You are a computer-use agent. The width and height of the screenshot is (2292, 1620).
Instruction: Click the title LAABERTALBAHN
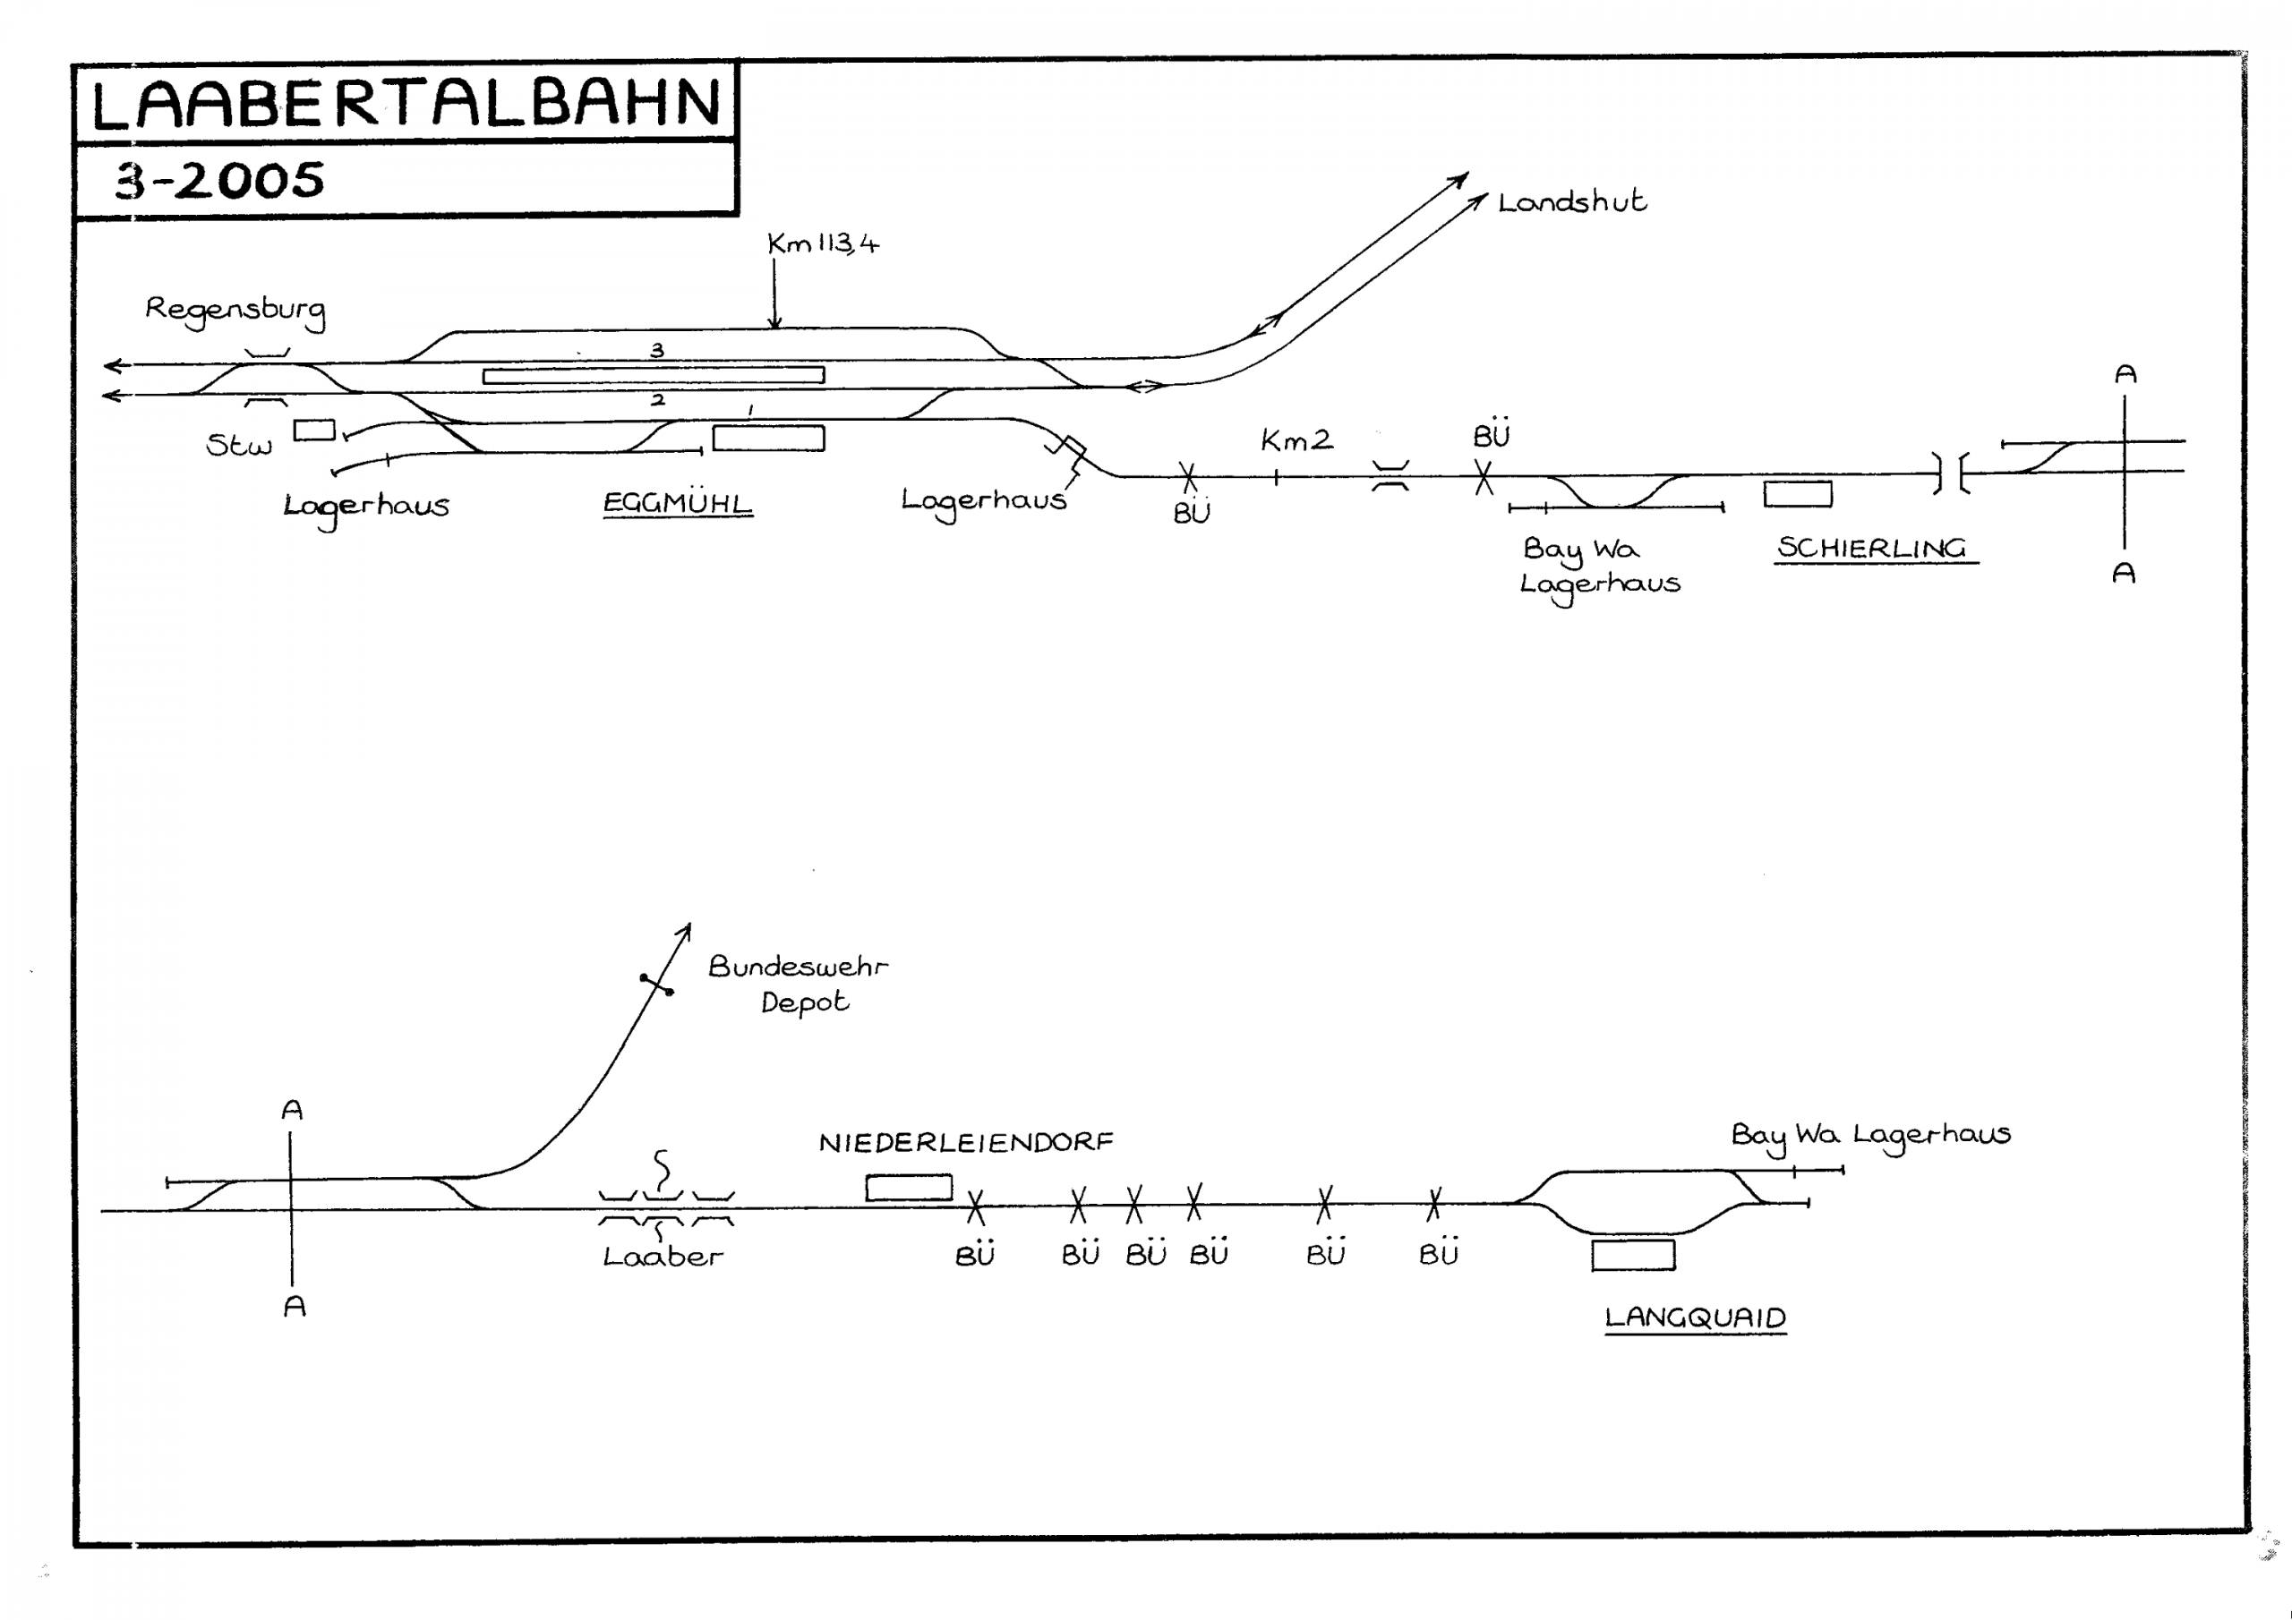click(x=406, y=104)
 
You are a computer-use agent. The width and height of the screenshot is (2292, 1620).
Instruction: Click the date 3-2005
click(x=220, y=181)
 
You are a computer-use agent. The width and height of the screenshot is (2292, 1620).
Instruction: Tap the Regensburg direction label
click(x=235, y=310)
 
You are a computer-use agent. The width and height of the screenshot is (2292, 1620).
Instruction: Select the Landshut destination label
click(x=1571, y=202)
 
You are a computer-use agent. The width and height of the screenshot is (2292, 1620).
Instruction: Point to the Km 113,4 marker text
click(x=823, y=243)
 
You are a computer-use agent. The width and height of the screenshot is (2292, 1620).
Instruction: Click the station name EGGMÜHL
click(x=677, y=502)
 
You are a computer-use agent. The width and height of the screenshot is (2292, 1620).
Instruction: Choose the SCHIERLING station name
click(x=1872, y=548)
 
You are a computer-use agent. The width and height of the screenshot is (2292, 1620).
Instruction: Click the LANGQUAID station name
click(x=1695, y=1317)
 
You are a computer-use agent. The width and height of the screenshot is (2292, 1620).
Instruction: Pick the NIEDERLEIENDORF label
click(x=965, y=1142)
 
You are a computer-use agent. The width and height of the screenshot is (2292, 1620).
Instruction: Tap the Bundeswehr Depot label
click(x=799, y=983)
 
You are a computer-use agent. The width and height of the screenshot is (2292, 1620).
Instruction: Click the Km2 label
click(x=1296, y=440)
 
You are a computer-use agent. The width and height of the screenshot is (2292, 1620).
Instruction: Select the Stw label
click(x=238, y=445)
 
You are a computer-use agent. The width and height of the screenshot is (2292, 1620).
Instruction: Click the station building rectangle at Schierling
click(x=1798, y=494)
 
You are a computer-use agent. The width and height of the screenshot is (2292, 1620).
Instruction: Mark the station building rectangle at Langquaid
click(x=1633, y=1255)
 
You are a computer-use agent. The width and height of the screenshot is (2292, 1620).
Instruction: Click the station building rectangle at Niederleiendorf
click(x=909, y=1188)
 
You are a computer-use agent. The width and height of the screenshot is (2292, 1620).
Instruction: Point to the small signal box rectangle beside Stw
click(x=314, y=431)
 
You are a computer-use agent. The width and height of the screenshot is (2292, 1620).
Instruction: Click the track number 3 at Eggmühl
click(x=657, y=350)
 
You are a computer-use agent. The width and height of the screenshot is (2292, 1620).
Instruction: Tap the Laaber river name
click(x=663, y=1257)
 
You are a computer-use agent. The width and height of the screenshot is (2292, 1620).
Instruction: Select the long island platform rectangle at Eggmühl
click(x=654, y=375)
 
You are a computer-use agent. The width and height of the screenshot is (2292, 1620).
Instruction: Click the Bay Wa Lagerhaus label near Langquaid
click(x=1869, y=1135)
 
